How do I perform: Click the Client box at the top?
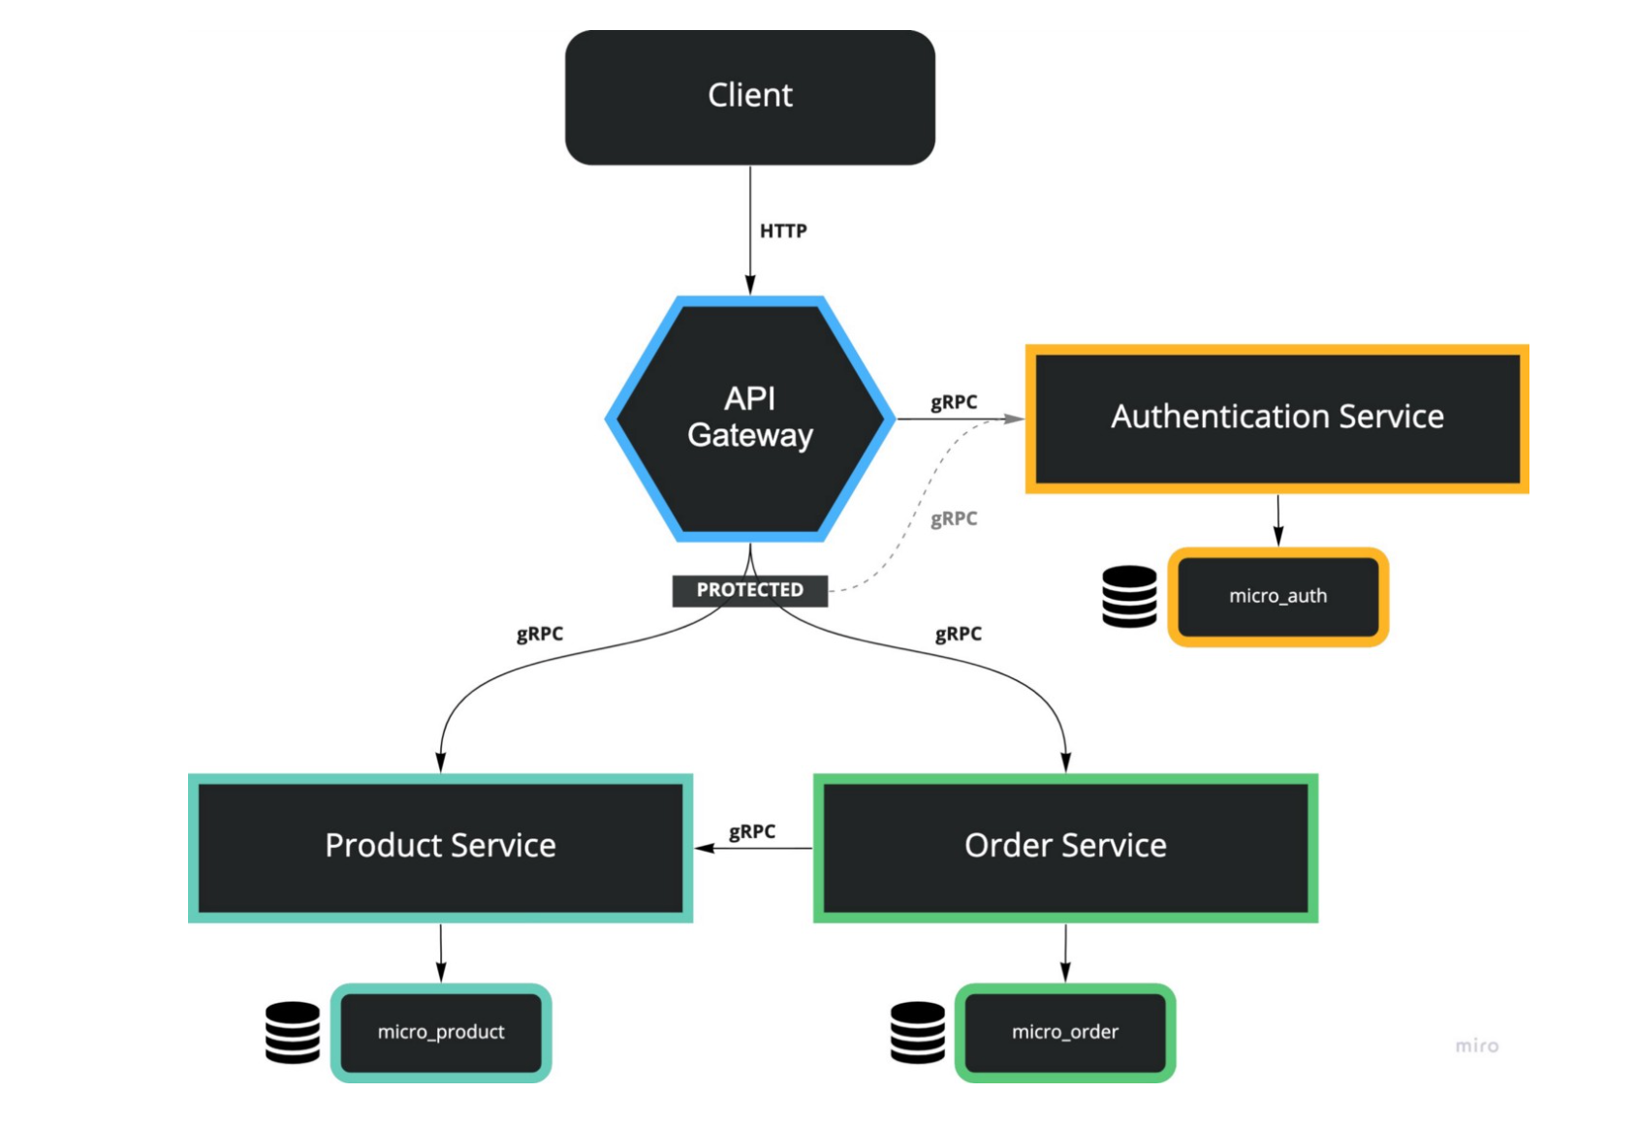(749, 97)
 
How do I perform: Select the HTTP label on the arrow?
(782, 231)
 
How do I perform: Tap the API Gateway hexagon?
(749, 418)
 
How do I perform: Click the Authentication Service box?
(1276, 418)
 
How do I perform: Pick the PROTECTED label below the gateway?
(749, 589)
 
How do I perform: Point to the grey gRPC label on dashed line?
(953, 518)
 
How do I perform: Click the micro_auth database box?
(1277, 596)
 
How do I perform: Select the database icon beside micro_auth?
(1129, 596)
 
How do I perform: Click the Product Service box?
(440, 847)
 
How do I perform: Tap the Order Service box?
(1064, 847)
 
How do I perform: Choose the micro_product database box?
(441, 1032)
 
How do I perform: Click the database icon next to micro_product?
(293, 1032)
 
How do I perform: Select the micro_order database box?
(1064, 1032)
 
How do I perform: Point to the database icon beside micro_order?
(917, 1032)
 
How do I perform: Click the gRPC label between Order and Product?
(752, 831)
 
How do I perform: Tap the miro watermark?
(1476, 1046)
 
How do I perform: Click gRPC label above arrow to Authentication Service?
(953, 401)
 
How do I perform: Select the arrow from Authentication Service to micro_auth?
(1277, 520)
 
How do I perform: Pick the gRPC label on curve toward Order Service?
(958, 634)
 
